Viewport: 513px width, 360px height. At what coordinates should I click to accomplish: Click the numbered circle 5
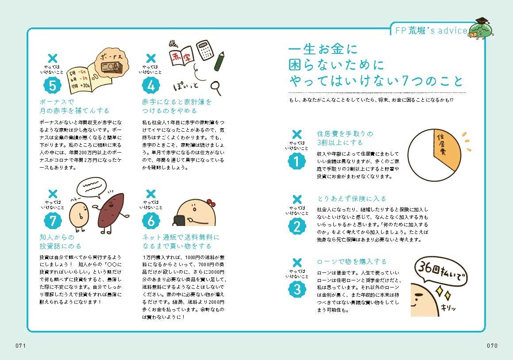click(52, 85)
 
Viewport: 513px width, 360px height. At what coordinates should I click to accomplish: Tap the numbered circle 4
click(151, 85)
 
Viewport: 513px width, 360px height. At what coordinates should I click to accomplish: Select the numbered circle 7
click(53, 221)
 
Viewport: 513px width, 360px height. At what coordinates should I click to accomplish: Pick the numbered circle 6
click(151, 221)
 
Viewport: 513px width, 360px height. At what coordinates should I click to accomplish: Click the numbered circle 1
click(297, 161)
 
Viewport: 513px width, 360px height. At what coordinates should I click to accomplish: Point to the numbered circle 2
click(297, 226)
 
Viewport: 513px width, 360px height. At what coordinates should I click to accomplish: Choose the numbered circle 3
click(297, 290)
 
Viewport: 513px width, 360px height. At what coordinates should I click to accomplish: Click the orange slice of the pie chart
click(447, 149)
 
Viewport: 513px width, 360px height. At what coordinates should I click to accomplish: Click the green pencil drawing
click(219, 61)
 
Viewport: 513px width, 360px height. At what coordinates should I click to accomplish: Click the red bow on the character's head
click(211, 203)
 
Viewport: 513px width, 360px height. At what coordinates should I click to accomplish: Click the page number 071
click(21, 345)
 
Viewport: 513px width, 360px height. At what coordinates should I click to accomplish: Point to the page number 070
click(492, 345)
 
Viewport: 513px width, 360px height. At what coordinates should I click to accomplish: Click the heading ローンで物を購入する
click(352, 261)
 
